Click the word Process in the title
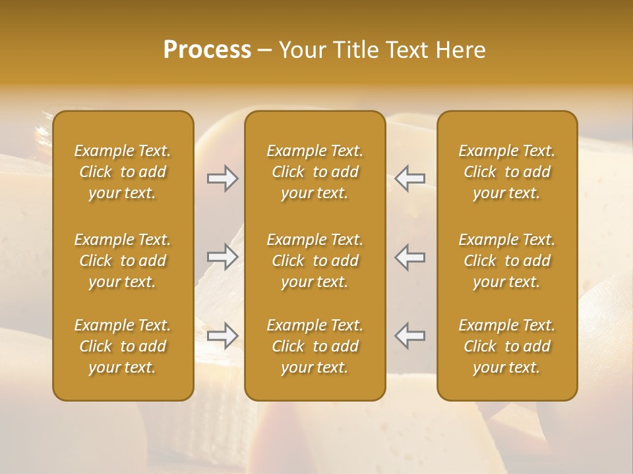click(x=207, y=50)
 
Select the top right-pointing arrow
click(x=222, y=178)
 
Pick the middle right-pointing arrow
click(x=222, y=257)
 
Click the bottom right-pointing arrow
click(x=222, y=336)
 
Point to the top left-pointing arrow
click(x=410, y=178)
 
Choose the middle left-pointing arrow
click(x=410, y=257)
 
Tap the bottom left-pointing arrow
click(x=410, y=336)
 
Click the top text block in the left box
click(x=123, y=172)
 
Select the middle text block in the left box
click(x=123, y=261)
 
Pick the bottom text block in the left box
click(x=123, y=346)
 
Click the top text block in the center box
click(x=315, y=172)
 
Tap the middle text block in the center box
click(x=315, y=261)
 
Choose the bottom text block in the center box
click(x=315, y=346)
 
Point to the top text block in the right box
click(x=507, y=172)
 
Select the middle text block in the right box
click(x=507, y=261)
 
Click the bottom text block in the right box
click(x=507, y=346)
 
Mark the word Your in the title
click(x=301, y=50)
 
